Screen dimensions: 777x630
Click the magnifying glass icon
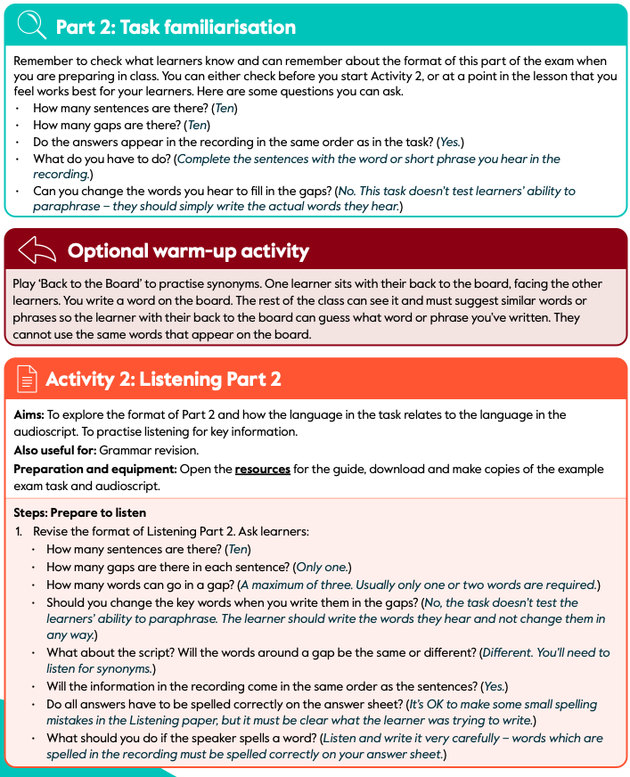pyautogui.click(x=32, y=26)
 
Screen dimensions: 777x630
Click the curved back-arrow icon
pyautogui.click(x=37, y=251)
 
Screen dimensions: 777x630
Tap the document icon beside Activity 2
pyautogui.click(x=28, y=380)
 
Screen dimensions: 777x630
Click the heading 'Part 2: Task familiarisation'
pyautogui.click(x=176, y=27)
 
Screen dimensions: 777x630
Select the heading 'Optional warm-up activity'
pyautogui.click(x=188, y=251)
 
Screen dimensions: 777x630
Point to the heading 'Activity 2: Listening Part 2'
pyautogui.click(x=163, y=380)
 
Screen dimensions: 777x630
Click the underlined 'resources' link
pyautogui.click(x=262, y=469)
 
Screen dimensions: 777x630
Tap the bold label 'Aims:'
pyautogui.click(x=29, y=415)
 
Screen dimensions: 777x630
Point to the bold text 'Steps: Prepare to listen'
pyautogui.click(x=80, y=513)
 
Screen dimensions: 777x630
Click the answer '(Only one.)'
pyautogui.click(x=323, y=567)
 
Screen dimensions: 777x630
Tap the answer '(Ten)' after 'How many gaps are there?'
pyautogui.click(x=196, y=126)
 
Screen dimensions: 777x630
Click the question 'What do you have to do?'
pyautogui.click(x=102, y=159)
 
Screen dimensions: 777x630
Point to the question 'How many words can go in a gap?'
pyautogui.click(x=141, y=585)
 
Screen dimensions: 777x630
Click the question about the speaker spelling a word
pyautogui.click(x=182, y=738)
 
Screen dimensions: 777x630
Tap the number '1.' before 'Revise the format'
pyautogui.click(x=19, y=531)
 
